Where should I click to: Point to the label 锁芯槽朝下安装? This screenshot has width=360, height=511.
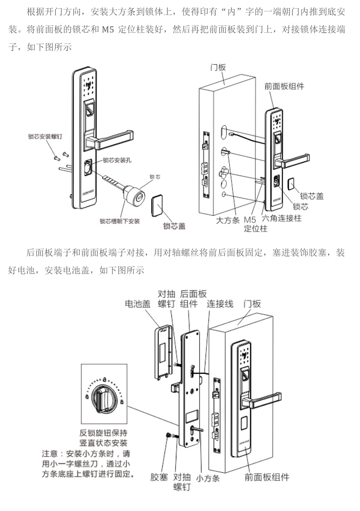tap(120, 222)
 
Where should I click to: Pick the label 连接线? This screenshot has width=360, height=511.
tap(220, 304)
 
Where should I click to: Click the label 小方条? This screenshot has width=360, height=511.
tap(208, 478)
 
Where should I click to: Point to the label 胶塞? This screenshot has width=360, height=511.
tap(159, 477)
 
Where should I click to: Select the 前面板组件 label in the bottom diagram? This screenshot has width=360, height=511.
tap(267, 477)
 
